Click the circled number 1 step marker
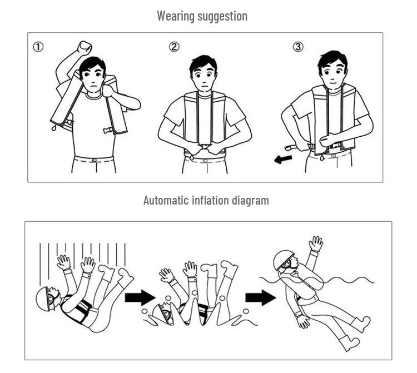point(38,47)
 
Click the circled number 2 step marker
point(175,47)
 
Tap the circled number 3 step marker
point(299,47)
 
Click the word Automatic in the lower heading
point(165,200)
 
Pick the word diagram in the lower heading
point(250,200)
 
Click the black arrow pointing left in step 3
point(282,160)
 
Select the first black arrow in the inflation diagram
point(139,297)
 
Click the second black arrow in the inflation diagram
point(260,297)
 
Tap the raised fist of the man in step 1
point(85,47)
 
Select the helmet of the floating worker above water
point(283,258)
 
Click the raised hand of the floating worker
point(316,243)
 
